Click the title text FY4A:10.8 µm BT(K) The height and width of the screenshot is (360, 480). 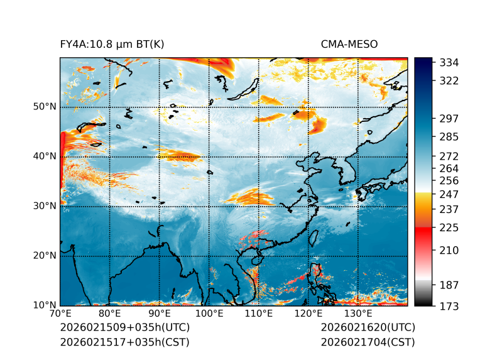(x=112, y=44)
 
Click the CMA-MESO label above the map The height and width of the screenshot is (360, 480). (x=349, y=44)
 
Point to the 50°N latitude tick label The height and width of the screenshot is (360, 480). (x=45, y=107)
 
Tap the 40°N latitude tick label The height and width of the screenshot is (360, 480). (x=45, y=156)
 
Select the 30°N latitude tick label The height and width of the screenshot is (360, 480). (x=45, y=206)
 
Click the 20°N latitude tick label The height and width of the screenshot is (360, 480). (x=45, y=256)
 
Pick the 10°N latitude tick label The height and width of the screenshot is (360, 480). (x=45, y=305)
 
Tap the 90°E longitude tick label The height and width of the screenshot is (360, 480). (x=160, y=314)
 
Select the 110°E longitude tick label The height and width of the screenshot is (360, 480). (x=259, y=314)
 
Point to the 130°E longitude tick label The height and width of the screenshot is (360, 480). (x=358, y=314)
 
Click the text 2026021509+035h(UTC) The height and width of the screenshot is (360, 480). (x=124, y=328)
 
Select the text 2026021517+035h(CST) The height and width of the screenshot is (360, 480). (x=124, y=342)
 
